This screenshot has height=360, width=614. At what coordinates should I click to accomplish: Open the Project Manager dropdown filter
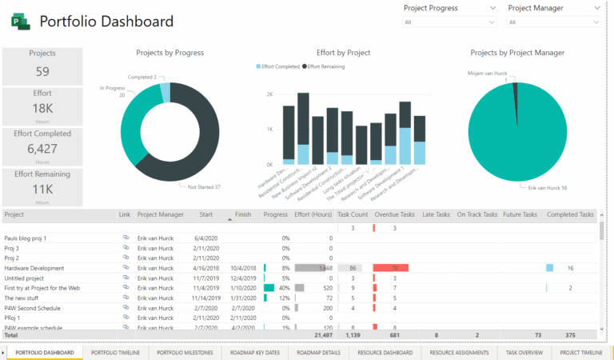(x=553, y=22)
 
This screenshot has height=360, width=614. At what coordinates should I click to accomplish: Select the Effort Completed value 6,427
(x=42, y=149)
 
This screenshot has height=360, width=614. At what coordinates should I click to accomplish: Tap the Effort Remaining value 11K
(x=42, y=190)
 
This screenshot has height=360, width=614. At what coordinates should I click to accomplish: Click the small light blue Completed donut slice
(x=165, y=93)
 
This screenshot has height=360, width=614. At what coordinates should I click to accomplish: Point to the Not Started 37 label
(x=205, y=186)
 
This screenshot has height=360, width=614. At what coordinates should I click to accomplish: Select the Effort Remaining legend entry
(x=328, y=66)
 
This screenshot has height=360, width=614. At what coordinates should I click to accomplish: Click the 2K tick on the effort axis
(x=269, y=94)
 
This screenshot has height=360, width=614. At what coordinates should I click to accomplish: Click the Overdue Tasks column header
(x=394, y=214)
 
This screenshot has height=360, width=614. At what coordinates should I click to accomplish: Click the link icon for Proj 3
(x=125, y=248)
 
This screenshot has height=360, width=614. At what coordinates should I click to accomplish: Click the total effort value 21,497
(x=319, y=336)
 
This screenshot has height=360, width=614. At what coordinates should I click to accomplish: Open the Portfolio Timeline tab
(x=115, y=352)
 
